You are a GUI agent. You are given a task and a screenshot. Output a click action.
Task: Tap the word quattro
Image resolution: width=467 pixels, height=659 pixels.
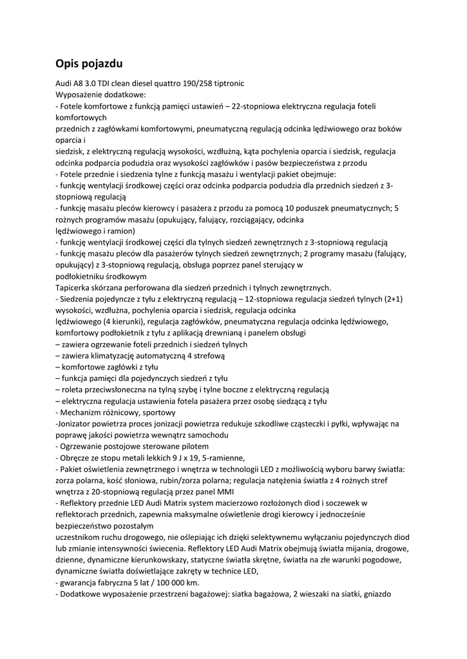pos(158,84)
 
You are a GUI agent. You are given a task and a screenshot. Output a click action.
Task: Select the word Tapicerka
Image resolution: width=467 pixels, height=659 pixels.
pos(75,288)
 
